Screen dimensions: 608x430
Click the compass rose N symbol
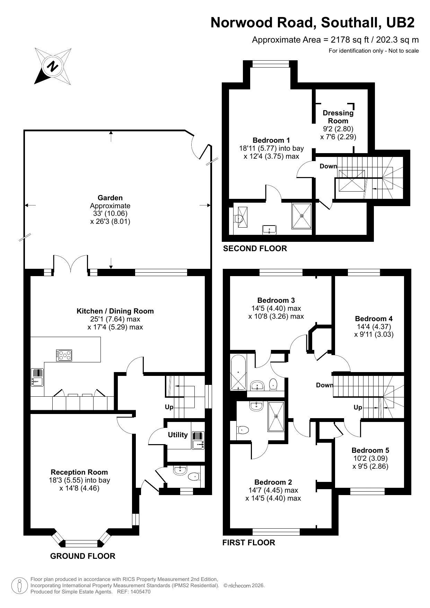point(53,66)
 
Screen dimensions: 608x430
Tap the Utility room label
point(178,435)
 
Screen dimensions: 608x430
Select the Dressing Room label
point(338,117)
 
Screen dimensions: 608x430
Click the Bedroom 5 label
point(370,450)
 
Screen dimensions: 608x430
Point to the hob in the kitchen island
point(64,355)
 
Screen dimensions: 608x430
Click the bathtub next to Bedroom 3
point(238,372)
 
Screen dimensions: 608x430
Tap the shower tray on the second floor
point(301,216)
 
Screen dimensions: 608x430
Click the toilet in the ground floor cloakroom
point(194,477)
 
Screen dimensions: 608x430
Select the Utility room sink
point(198,440)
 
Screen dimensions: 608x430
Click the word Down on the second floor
point(328,166)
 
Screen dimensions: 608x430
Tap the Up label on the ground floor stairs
point(169,407)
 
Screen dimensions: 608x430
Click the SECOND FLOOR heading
point(255,248)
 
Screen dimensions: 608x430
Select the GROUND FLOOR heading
point(82,556)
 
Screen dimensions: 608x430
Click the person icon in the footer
point(20,586)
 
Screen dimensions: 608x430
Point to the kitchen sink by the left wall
point(37,377)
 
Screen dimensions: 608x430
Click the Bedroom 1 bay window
point(271,64)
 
